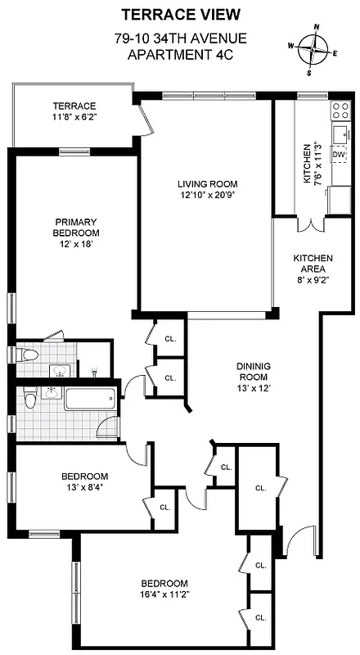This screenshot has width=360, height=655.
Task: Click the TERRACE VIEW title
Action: (181, 14)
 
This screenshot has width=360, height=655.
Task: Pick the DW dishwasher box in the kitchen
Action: (339, 154)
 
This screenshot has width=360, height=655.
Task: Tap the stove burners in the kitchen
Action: (339, 111)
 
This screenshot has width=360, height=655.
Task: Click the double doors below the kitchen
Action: (311, 222)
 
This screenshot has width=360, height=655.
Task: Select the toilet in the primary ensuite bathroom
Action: (29, 355)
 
